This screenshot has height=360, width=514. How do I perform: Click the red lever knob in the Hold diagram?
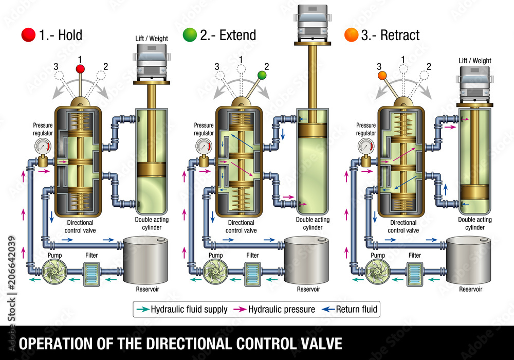[80, 68]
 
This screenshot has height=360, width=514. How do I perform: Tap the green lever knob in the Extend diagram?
[262, 75]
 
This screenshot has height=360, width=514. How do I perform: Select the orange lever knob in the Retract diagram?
[382, 76]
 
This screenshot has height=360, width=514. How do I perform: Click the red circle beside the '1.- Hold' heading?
[28, 35]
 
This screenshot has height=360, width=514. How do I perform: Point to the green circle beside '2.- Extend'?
[190, 35]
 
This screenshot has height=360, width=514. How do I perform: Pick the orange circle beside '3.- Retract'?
[352, 35]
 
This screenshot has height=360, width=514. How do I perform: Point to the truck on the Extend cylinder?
[313, 23]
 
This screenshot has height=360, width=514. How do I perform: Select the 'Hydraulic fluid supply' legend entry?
[183, 309]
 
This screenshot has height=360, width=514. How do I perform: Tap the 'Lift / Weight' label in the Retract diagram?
[475, 61]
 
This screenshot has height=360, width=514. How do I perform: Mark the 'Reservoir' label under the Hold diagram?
[147, 289]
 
